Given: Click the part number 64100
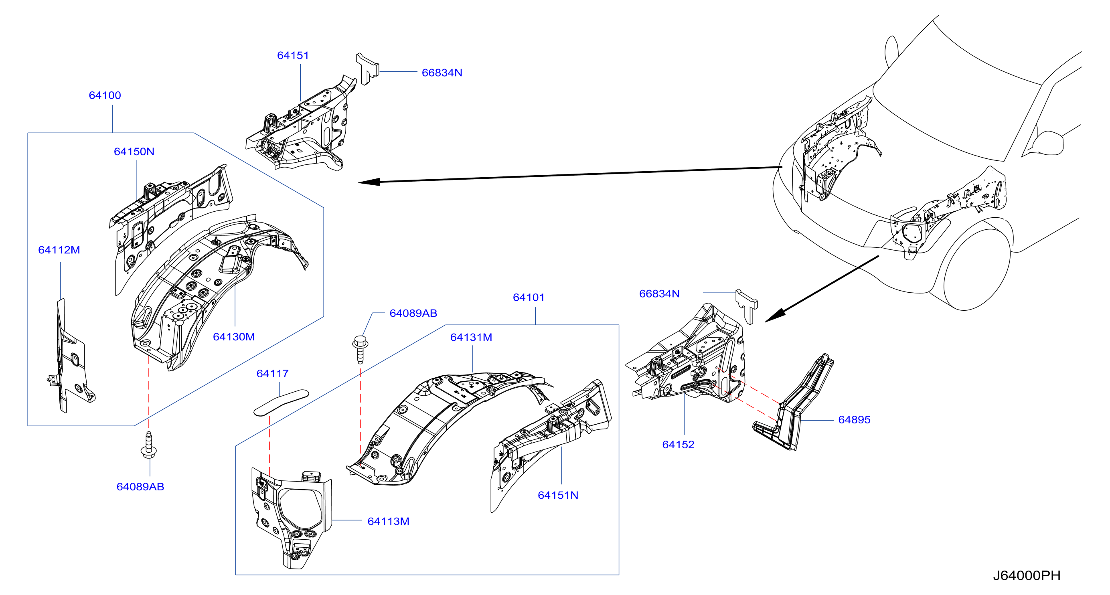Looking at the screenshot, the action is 105,95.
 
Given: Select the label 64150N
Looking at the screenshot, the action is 134,152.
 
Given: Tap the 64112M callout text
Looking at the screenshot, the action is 59,250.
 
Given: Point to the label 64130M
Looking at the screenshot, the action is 234,337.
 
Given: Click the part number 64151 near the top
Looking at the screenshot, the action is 293,56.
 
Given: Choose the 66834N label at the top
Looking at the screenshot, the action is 442,73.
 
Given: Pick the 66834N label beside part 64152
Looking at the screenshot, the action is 659,294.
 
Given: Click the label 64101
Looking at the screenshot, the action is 529,297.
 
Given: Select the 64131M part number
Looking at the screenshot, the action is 471,337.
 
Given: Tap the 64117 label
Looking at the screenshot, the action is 272,374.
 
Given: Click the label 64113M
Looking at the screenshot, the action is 388,521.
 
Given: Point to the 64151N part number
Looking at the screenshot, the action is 558,496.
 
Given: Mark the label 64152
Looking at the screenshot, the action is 678,445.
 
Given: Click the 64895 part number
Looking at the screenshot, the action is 854,420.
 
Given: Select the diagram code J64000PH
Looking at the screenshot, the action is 1027,576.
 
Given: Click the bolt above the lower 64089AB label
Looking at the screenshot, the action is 149,446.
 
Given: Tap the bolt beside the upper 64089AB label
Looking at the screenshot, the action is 360,349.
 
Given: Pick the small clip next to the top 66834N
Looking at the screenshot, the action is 367,69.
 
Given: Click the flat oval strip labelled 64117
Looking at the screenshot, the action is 282,403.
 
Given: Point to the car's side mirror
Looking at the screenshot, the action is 1046,143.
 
